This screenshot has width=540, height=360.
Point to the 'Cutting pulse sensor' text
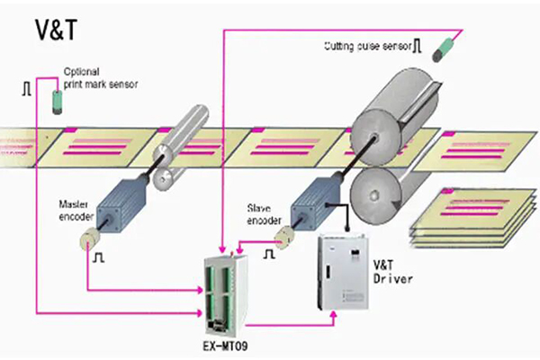368,45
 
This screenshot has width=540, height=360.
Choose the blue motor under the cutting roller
315,202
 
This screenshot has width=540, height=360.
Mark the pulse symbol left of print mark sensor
24,88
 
